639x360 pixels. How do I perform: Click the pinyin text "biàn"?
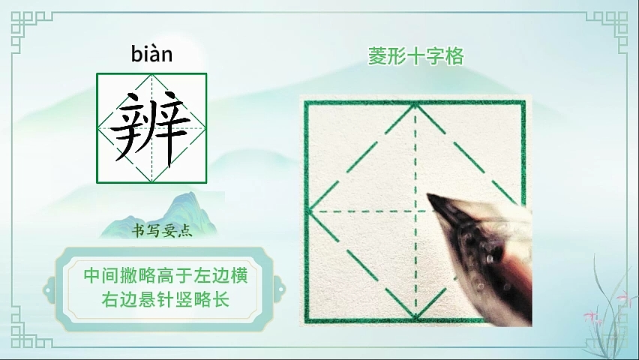tap(151, 54)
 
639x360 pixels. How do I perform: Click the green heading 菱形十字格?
tap(416, 56)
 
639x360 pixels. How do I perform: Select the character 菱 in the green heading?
tap(377, 56)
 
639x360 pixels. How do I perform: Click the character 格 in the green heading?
tap(454, 56)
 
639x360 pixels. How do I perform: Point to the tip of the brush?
tap(429, 195)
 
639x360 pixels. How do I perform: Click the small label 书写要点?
tap(162, 231)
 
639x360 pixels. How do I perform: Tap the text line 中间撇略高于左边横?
tap(166, 275)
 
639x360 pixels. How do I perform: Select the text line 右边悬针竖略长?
tap(166, 299)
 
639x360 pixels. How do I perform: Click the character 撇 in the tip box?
tap(130, 275)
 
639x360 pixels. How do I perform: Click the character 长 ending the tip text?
tap(221, 299)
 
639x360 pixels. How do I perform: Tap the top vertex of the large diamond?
tap(415, 105)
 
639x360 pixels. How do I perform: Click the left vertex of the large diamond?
tap(310, 211)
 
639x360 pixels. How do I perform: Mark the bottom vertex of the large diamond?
tap(415, 316)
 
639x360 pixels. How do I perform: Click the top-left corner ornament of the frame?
tap(28, 28)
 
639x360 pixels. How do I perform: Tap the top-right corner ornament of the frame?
tap(609, 28)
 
